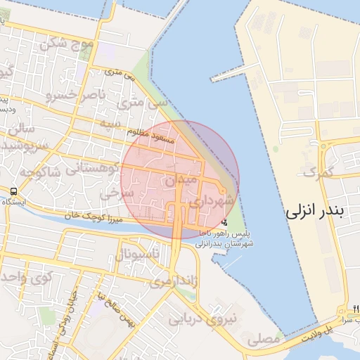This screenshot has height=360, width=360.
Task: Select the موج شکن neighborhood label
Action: pyautogui.click(x=67, y=44)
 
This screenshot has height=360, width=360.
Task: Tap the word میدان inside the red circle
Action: pyautogui.click(x=179, y=181)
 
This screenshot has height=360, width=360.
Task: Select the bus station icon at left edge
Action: pyautogui.click(x=14, y=192)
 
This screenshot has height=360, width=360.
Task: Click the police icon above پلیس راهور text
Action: pyautogui.click(x=224, y=222)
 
